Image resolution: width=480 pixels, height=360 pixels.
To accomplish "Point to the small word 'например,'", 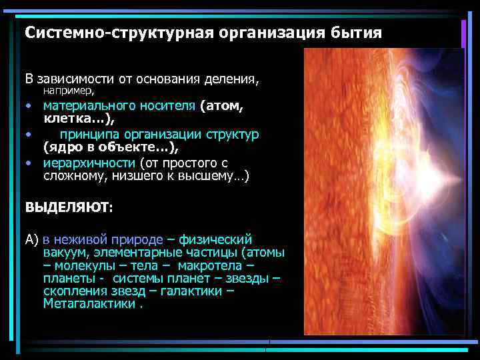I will point(69,90).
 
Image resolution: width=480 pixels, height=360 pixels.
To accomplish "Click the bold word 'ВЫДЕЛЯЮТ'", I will point(67,207).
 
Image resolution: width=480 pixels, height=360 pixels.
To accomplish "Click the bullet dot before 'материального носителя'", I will point(29,105).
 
